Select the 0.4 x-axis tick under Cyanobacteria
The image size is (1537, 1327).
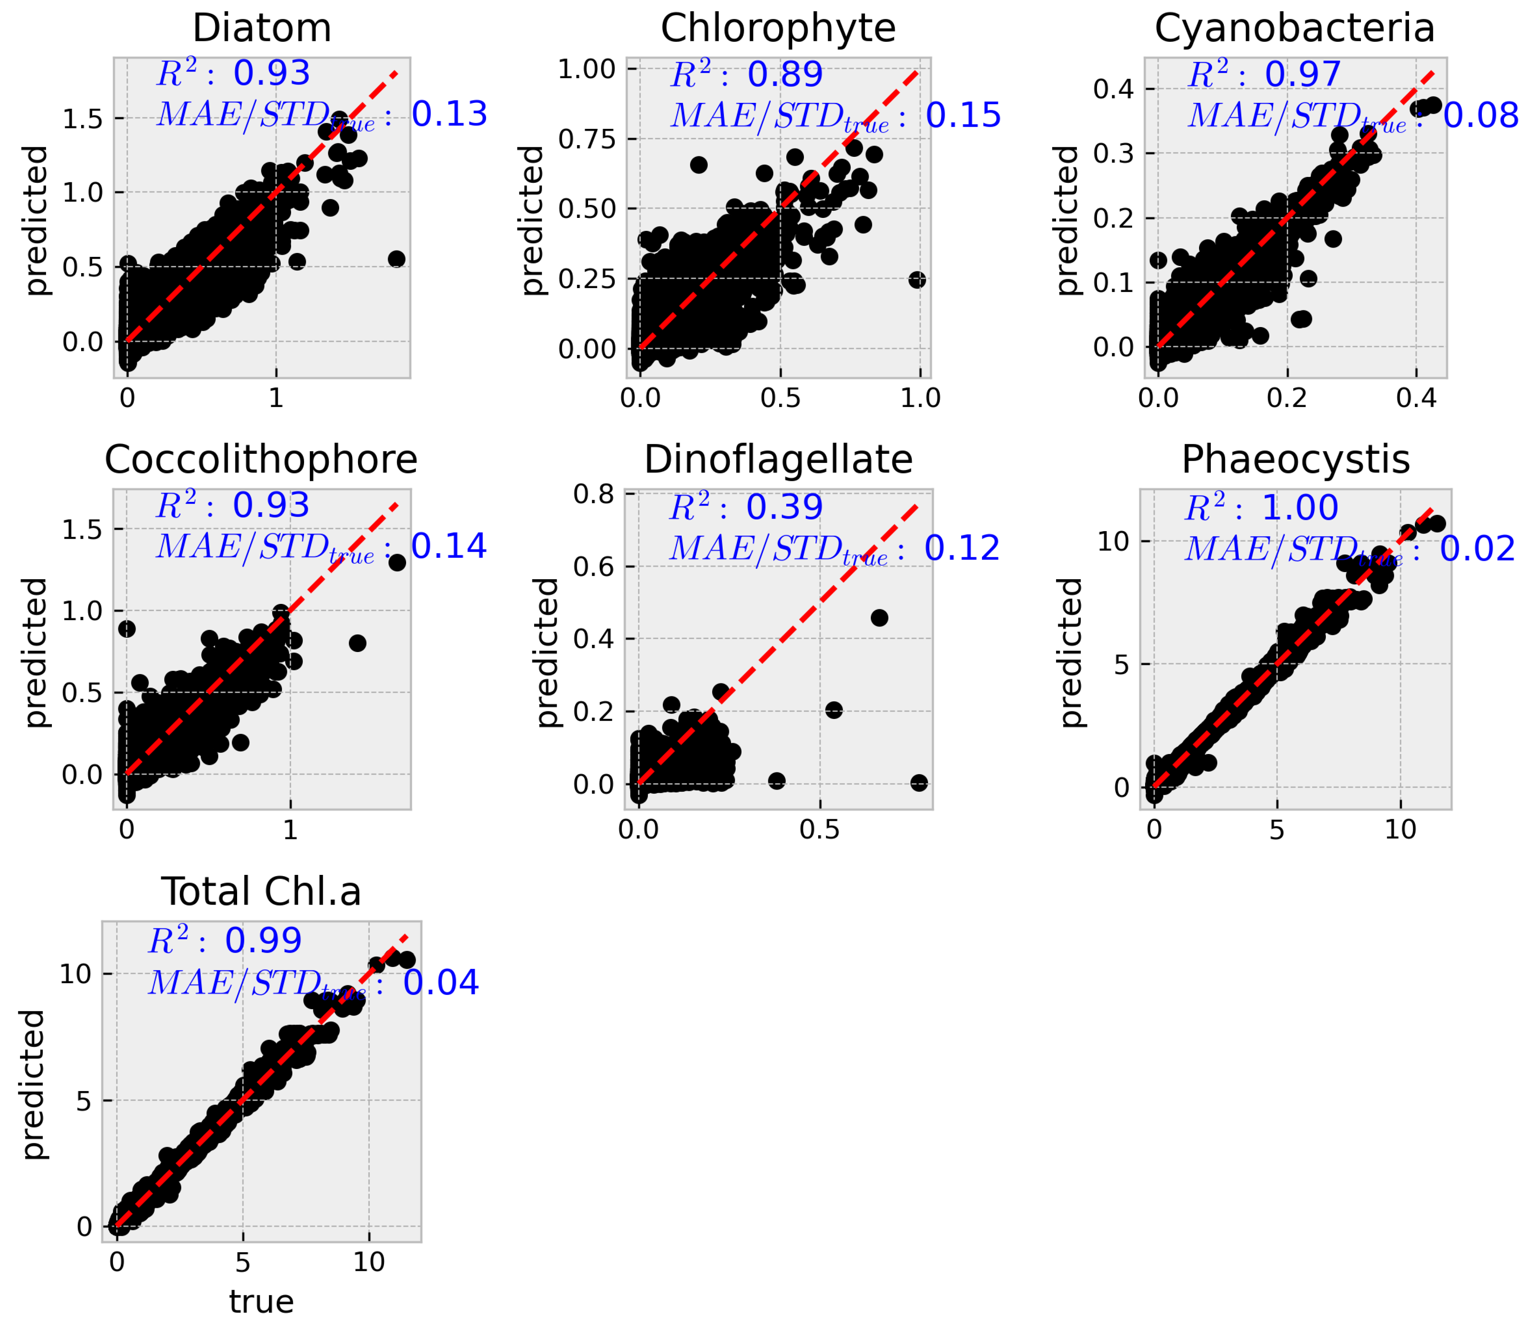pos(1416,398)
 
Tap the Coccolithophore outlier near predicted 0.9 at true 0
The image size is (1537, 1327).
pos(127,629)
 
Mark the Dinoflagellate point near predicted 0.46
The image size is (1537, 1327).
pos(879,618)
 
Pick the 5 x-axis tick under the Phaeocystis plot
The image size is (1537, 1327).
pos(1276,829)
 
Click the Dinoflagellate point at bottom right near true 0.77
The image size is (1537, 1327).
pos(918,782)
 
